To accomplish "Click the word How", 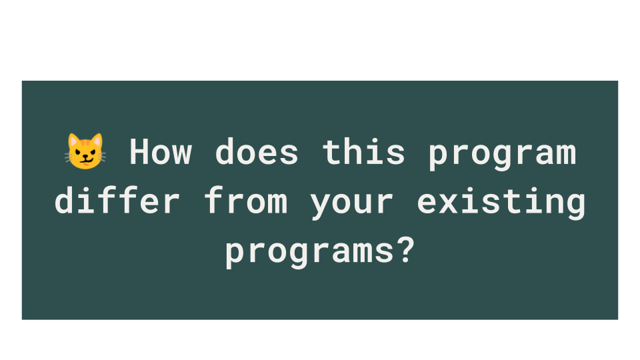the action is click(x=161, y=152).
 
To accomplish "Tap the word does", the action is click(x=257, y=152).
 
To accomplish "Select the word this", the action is click(x=364, y=151).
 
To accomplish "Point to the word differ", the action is click(x=117, y=200).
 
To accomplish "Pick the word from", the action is click(x=246, y=200).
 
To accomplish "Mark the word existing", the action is click(x=501, y=202).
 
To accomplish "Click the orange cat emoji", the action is click(x=85, y=151).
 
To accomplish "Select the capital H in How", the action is click(x=139, y=152).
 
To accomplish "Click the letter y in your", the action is click(x=321, y=206).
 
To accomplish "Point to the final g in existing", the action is click(x=576, y=206).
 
